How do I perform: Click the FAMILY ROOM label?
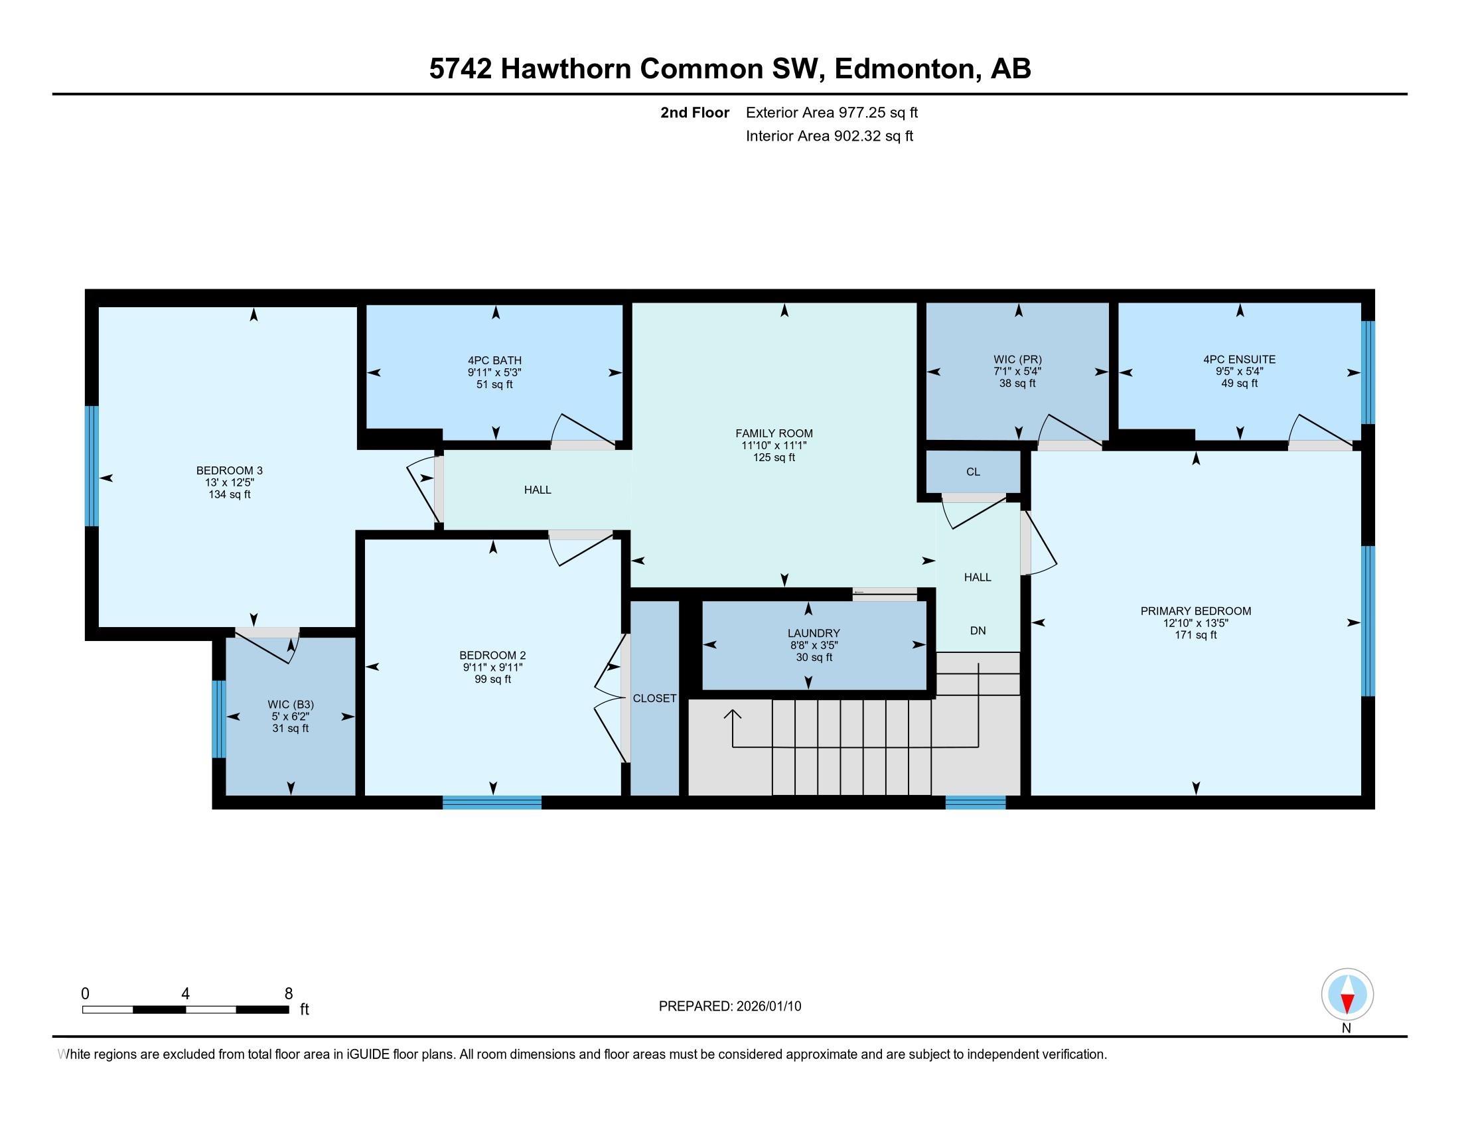point(774,433)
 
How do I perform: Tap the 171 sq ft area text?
point(1195,635)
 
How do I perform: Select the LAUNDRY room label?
point(813,633)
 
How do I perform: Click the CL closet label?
point(973,472)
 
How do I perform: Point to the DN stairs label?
point(978,630)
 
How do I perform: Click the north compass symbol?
point(1347,995)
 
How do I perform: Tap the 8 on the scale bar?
point(288,994)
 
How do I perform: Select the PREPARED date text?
point(729,1006)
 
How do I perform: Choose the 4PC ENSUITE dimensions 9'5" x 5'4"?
point(1239,371)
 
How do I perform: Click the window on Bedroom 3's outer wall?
point(92,466)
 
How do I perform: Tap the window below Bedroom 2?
point(491,802)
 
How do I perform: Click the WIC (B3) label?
point(290,704)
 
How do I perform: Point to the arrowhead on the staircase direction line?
point(733,715)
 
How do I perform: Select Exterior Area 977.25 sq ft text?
point(832,112)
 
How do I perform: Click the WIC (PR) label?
point(1017,359)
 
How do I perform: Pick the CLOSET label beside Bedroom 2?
point(654,698)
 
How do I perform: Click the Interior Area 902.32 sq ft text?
point(829,136)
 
